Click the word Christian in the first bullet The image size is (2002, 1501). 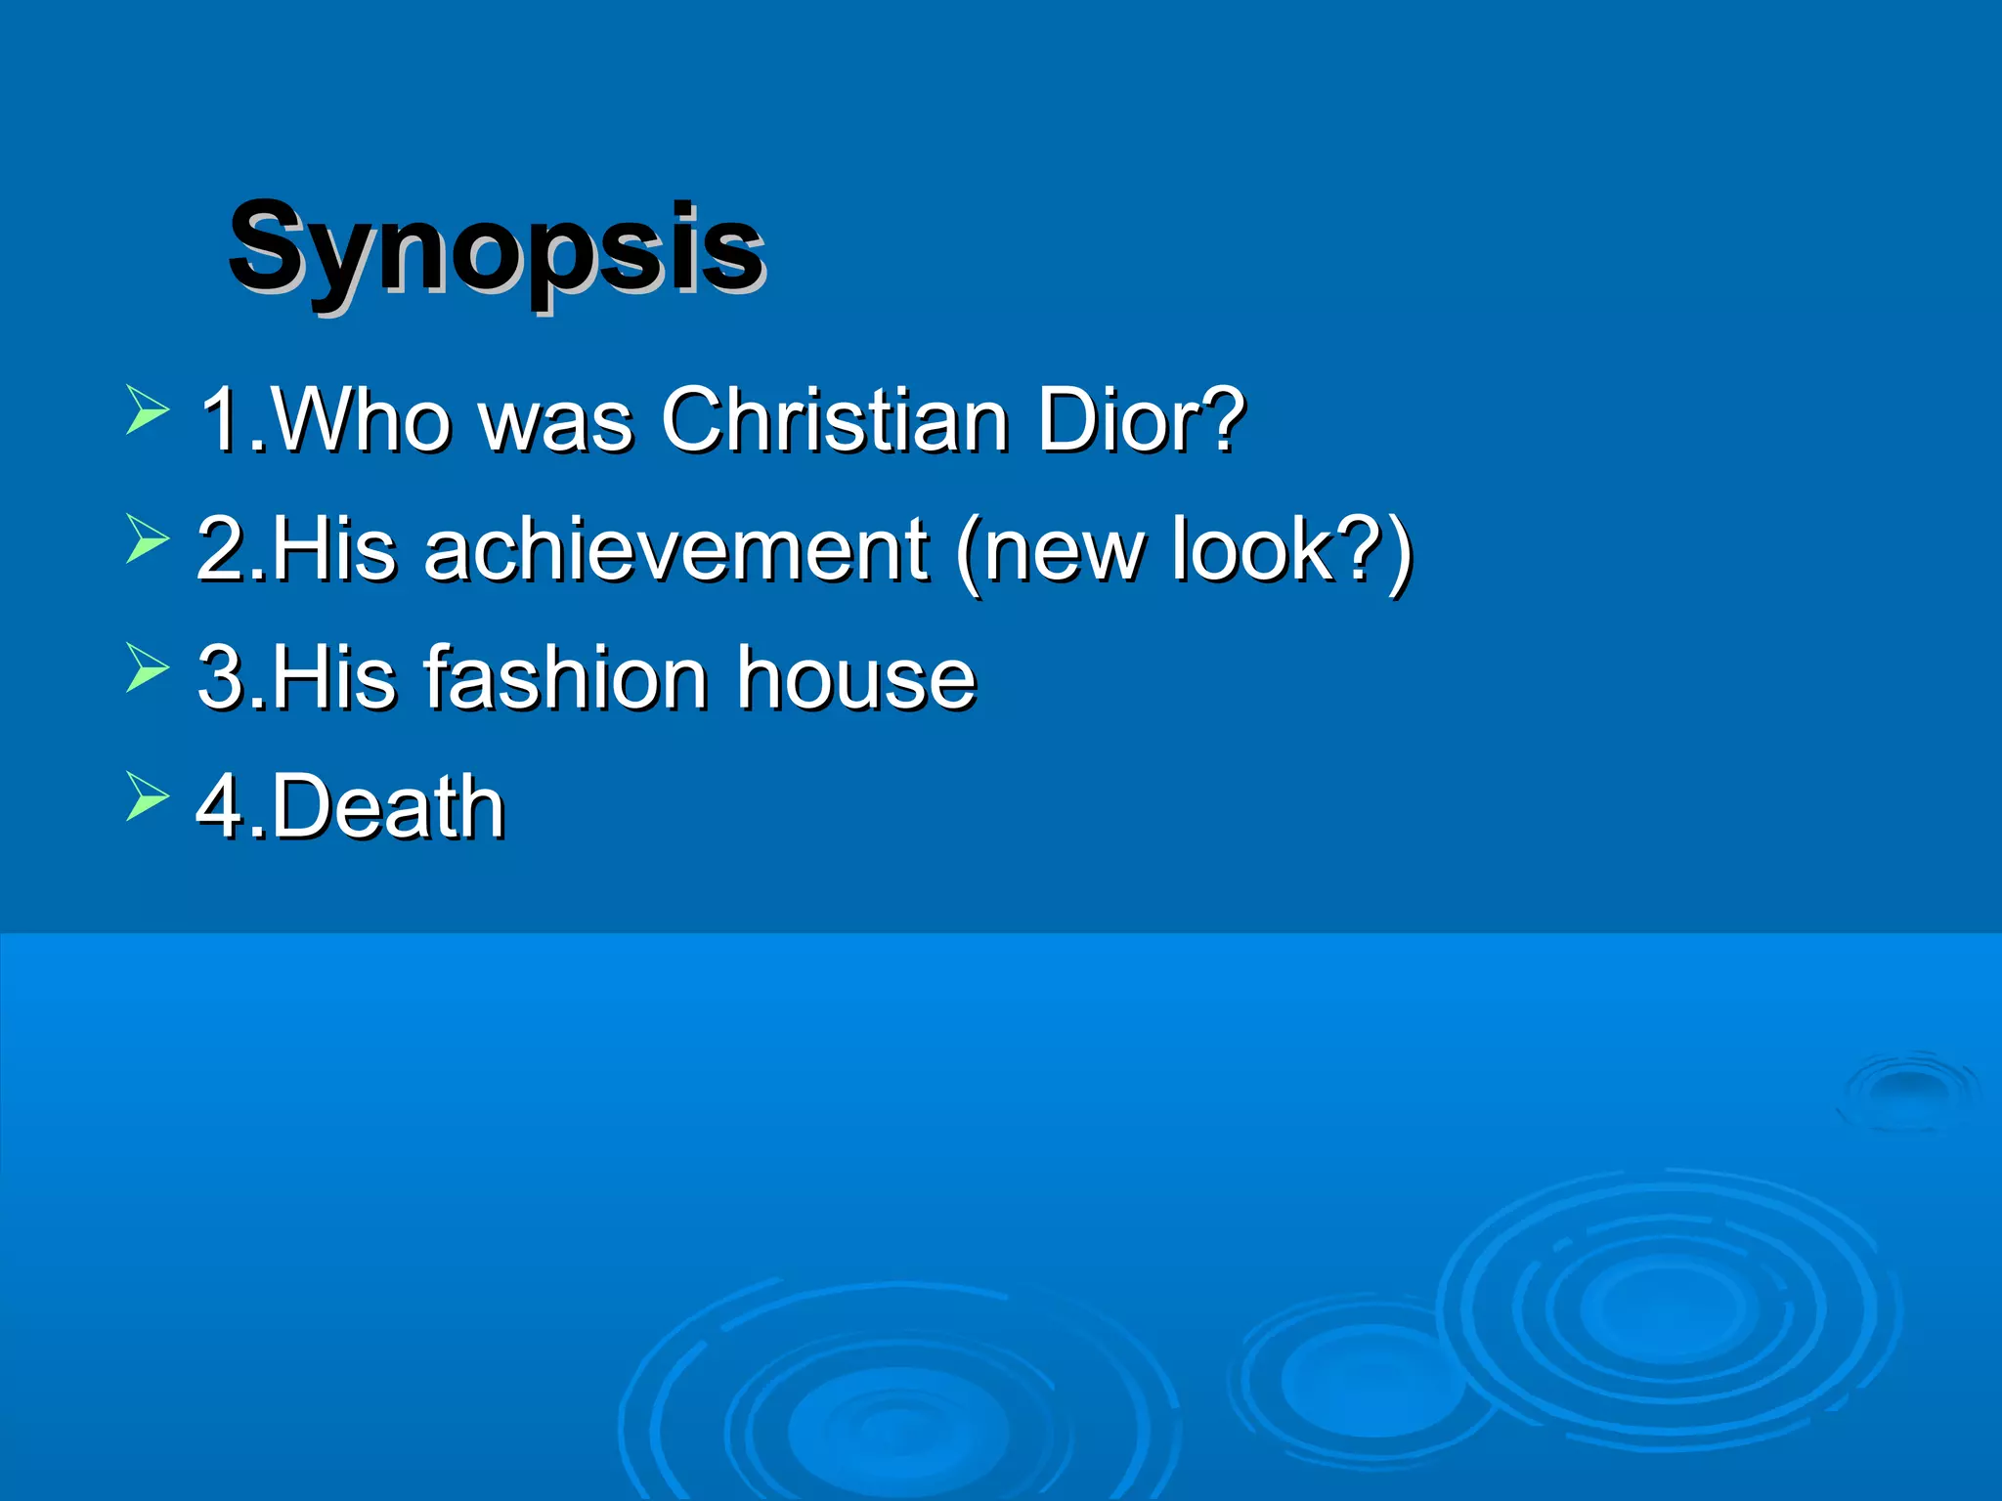click(835, 420)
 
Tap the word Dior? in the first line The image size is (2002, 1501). click(1140, 420)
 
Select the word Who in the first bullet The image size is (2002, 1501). click(360, 420)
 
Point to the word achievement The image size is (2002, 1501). click(675, 549)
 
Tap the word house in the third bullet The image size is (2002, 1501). click(856, 677)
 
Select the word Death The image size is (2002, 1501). click(389, 806)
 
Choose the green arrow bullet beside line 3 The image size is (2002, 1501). click(148, 667)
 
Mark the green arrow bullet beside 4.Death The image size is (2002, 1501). click(148, 795)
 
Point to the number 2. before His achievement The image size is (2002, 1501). click(231, 549)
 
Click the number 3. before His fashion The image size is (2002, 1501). click(231, 677)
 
